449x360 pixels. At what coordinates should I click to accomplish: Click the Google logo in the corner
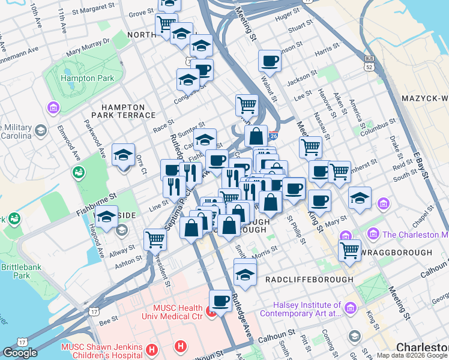point(20,353)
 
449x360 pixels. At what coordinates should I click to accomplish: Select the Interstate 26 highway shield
point(274,136)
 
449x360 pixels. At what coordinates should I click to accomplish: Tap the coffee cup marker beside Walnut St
point(270,61)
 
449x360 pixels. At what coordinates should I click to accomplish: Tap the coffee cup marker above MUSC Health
point(220,301)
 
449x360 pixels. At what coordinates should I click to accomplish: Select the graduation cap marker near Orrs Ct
point(123,155)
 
